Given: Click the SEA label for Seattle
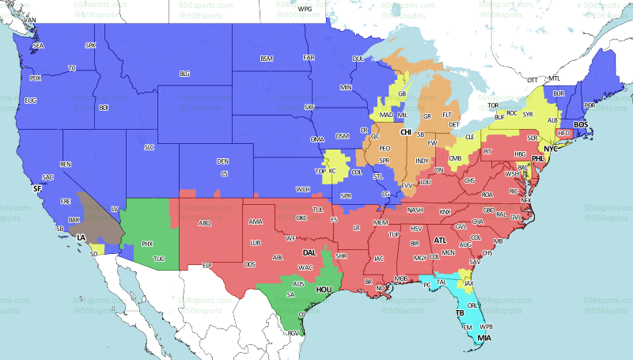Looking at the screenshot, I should pos(38,47).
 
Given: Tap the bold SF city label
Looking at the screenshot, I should pos(36,189).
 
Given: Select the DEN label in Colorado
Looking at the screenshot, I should pos(222,161).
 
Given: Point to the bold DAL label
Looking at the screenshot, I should pos(309,252).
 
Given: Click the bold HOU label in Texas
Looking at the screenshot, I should pos(324,290).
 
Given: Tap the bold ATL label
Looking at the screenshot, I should pos(440,240).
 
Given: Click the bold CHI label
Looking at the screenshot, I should pos(406,132).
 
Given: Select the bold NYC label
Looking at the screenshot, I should pos(551,148).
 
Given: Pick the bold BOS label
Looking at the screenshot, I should pos(581,124).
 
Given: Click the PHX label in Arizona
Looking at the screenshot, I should pos(147,244).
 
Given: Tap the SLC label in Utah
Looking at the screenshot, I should pos(149,147).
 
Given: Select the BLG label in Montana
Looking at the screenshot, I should pos(184,74).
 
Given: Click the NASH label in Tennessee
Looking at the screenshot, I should pos(415,210).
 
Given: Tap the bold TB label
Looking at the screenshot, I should pos(459,313).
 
